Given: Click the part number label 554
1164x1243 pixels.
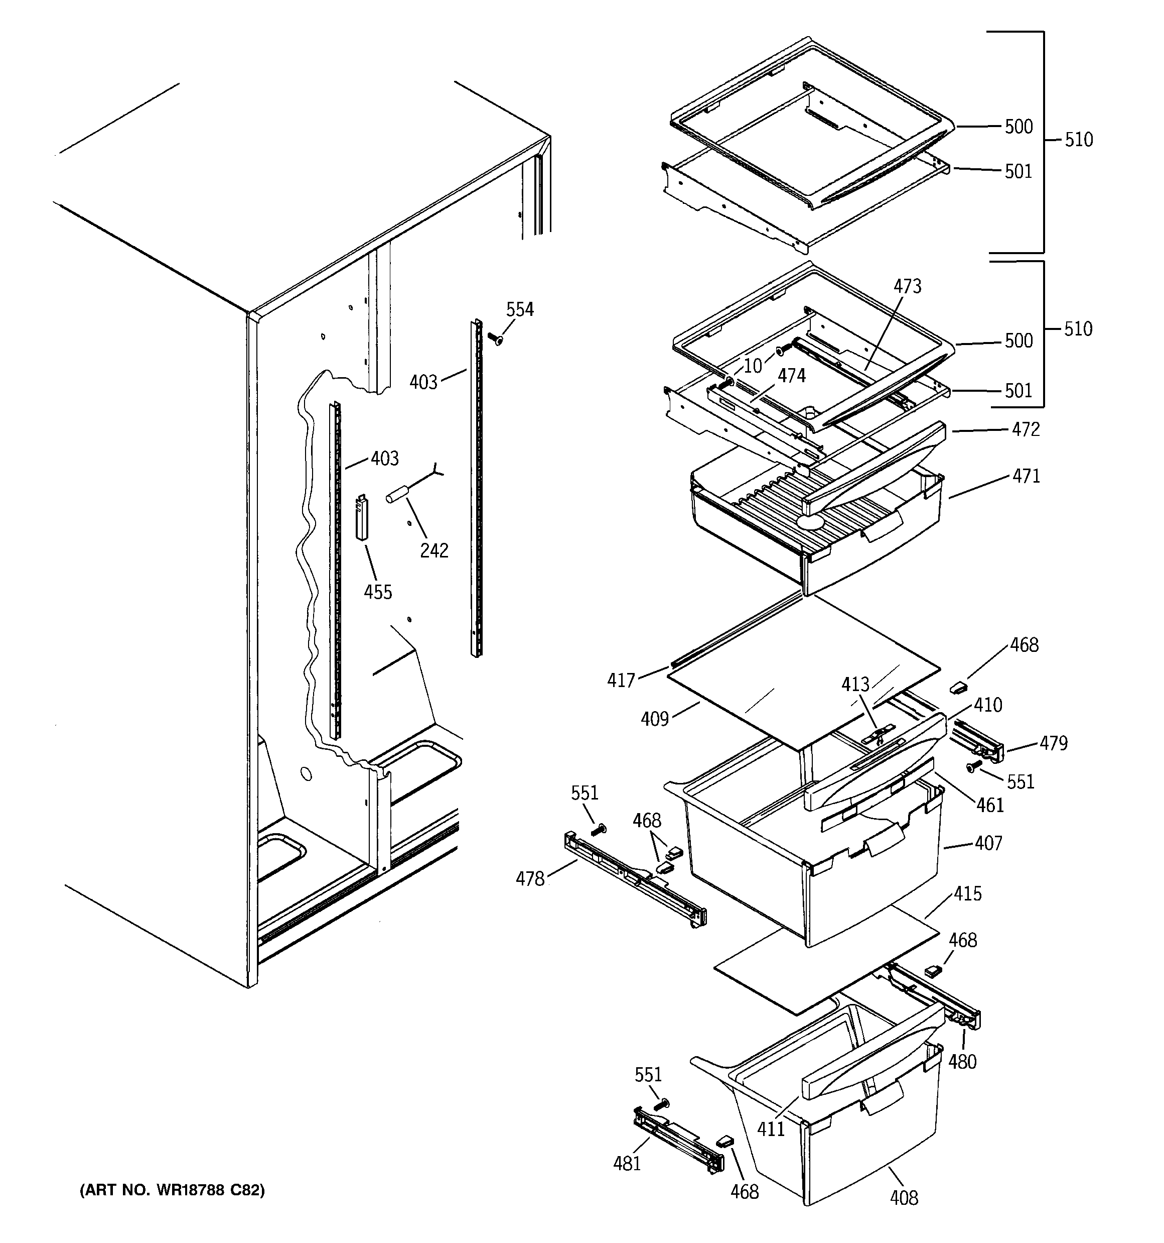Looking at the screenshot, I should pos(519,309).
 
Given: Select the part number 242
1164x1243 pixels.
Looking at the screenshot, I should pos(433,550).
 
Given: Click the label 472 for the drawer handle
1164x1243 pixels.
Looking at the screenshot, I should pos(1026,429).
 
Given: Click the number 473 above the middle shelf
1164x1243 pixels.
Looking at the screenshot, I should pos(907,286).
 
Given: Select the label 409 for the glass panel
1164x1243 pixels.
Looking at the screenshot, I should pos(654,719).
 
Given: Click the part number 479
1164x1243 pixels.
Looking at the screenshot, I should pos(1054,743).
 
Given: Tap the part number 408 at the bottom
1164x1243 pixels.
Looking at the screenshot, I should pos(904,1198).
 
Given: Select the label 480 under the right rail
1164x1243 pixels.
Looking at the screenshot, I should pos(962,1062).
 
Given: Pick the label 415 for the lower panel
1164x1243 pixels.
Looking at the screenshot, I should pos(967,893).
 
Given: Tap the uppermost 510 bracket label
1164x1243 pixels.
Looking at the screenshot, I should pos(1078,140).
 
